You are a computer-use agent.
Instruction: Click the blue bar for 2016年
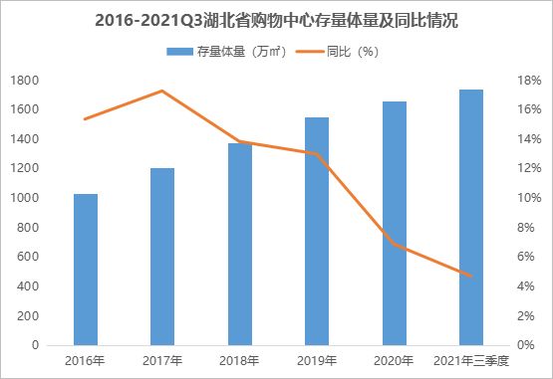click(86, 270)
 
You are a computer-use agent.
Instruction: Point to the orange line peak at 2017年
click(162, 91)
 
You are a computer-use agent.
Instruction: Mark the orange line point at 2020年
click(394, 244)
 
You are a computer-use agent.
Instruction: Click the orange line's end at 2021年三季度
click(471, 277)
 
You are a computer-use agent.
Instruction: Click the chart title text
click(277, 20)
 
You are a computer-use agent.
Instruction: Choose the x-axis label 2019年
click(317, 360)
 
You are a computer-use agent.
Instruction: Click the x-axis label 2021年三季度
click(471, 360)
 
